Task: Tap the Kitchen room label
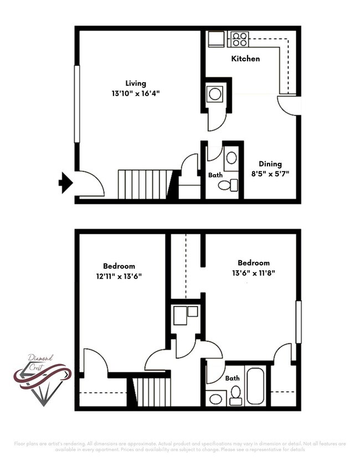coord(245,58)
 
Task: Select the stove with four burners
coord(239,39)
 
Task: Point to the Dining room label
coord(270,163)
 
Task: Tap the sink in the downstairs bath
coord(232,158)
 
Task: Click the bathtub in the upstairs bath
coord(256,386)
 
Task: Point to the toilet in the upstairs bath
coord(235,395)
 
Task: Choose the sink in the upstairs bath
coord(216,398)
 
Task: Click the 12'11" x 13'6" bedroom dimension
coord(119,275)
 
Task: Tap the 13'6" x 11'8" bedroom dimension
coord(254,273)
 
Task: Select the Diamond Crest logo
coord(42,380)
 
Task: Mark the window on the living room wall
coord(77,104)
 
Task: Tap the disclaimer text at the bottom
coord(180,446)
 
